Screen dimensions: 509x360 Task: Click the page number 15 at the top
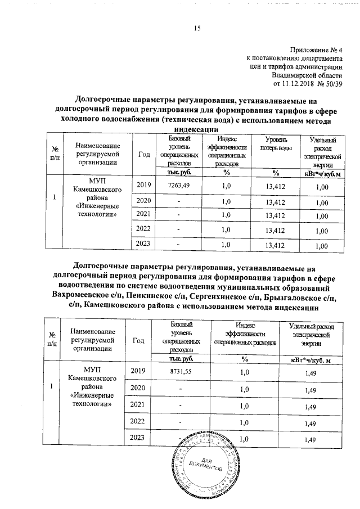click(x=197, y=29)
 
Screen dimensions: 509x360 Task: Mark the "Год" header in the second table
click(x=138, y=340)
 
